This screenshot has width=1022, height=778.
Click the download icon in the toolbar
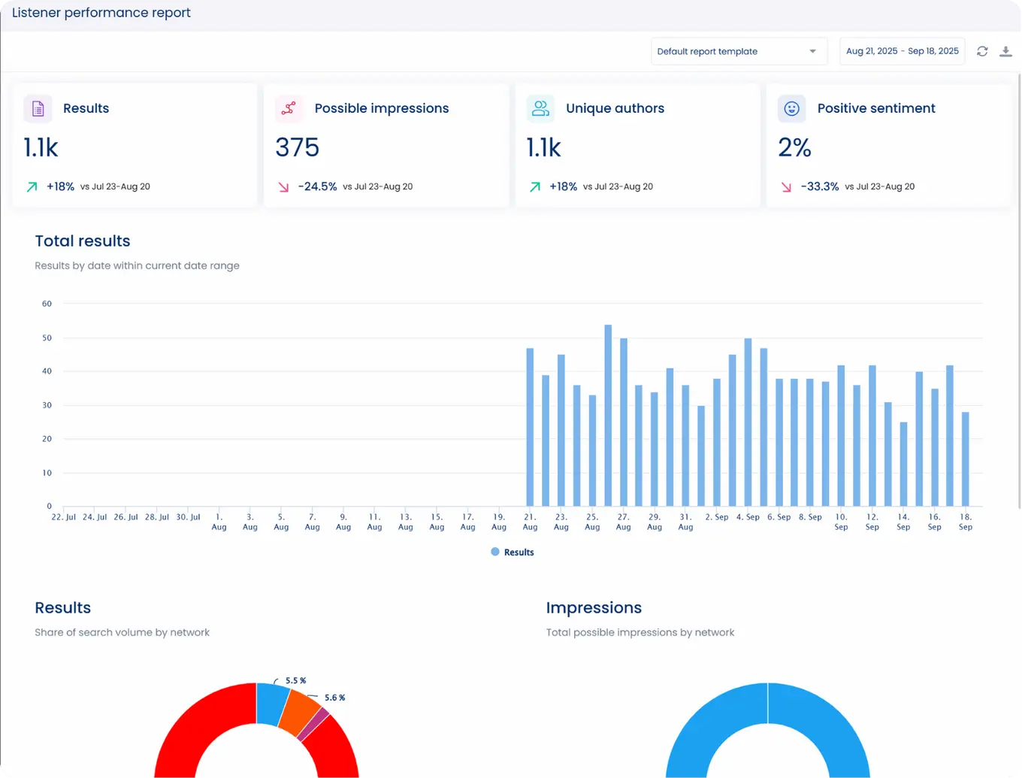point(1005,51)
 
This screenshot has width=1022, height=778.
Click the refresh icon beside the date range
point(982,51)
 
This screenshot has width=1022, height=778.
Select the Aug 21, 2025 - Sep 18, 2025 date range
point(902,51)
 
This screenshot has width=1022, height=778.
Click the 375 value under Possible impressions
point(297,147)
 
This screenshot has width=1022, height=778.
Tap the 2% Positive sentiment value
point(794,147)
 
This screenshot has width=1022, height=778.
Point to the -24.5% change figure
point(317,186)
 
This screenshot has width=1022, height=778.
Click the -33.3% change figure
point(819,186)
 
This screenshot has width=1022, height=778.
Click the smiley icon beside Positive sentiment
point(791,108)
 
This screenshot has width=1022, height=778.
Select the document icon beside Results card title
point(38,108)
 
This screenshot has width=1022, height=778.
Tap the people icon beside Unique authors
point(540,108)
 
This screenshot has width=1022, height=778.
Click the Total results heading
point(83,241)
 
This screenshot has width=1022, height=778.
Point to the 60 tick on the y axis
point(47,304)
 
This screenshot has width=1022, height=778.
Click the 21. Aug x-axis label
point(530,522)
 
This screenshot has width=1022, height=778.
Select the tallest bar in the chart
point(608,415)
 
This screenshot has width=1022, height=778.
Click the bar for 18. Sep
point(966,459)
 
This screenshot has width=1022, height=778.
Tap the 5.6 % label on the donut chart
point(334,698)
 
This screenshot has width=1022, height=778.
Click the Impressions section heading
point(594,608)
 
